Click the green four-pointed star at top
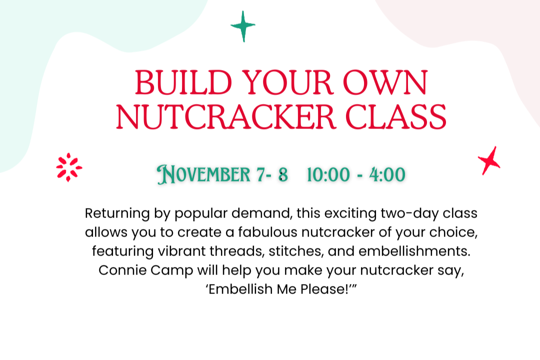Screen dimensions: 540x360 click(243, 26)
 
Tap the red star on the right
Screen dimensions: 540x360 click(489, 161)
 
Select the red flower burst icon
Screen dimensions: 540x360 click(69, 167)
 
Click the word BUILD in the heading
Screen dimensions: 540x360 click(183, 82)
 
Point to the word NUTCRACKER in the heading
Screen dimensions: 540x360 click(225, 117)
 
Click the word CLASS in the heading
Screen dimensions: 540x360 click(396, 117)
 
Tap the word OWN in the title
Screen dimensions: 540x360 click(385, 82)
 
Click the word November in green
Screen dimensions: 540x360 click(203, 174)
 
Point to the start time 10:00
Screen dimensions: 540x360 click(328, 174)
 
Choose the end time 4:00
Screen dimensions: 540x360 click(387, 174)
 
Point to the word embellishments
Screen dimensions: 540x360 click(414, 251)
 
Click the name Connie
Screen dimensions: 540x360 click(122, 270)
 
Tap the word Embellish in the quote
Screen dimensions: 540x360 click(240, 289)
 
